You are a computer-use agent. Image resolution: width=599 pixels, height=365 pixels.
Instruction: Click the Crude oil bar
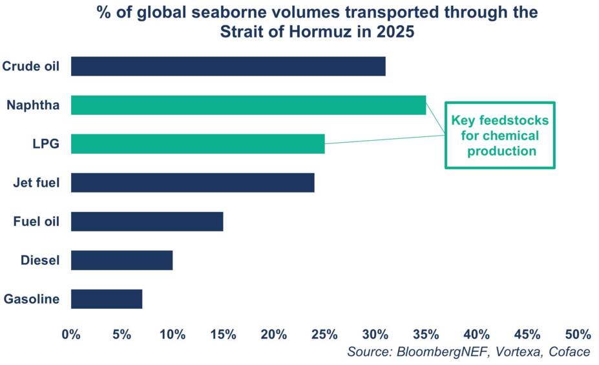[x=228, y=67]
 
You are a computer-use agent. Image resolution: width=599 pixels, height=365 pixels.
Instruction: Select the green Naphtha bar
[x=248, y=105]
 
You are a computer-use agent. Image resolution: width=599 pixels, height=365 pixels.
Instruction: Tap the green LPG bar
[x=198, y=144]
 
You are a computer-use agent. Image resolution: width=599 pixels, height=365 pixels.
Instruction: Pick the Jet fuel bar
[x=193, y=183]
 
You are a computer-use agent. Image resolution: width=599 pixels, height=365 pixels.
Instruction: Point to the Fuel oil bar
[x=147, y=222]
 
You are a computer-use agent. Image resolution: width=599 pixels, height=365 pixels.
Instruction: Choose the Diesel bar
[x=121, y=260]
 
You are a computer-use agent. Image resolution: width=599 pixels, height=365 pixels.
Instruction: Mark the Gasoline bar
[x=107, y=299]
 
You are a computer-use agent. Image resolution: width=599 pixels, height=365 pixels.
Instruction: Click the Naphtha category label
[x=33, y=105]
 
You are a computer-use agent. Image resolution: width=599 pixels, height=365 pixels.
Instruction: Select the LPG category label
[x=47, y=144]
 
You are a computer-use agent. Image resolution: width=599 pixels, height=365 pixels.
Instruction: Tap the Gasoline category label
[x=32, y=299]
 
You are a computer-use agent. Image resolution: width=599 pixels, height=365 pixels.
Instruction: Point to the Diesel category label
[x=40, y=260]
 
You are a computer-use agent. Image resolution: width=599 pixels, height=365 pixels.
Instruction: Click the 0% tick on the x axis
[x=70, y=335]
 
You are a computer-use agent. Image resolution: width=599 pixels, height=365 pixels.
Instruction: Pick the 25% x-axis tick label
[x=324, y=335]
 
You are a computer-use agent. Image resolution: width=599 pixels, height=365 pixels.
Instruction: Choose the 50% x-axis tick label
[x=578, y=335]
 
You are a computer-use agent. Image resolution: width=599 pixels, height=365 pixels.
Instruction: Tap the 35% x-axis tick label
[x=426, y=335]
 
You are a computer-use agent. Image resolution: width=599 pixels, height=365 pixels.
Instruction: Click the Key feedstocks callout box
[x=499, y=136]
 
